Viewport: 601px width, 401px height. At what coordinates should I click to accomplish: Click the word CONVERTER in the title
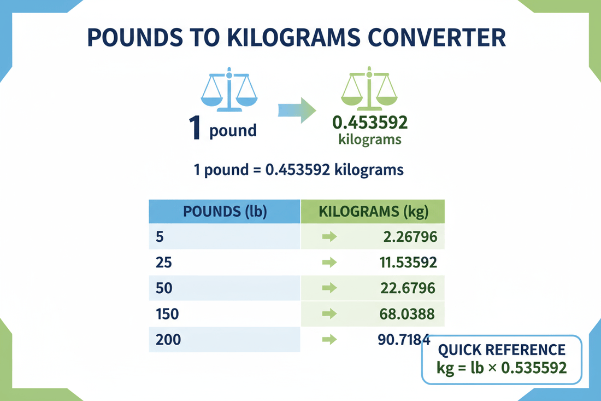coord(437,38)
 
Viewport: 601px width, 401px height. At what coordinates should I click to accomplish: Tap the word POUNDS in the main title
coord(135,38)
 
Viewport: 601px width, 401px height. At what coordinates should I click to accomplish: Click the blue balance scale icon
coord(229,89)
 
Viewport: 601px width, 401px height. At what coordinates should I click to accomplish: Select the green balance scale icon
coord(369,89)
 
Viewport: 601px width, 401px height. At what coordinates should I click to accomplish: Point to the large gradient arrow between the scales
coord(297,111)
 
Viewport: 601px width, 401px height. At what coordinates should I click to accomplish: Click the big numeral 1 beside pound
coord(195,127)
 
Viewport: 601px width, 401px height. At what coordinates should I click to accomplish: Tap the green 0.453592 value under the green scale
coord(370,123)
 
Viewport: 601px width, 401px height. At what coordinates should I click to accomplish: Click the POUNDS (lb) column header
coord(225,211)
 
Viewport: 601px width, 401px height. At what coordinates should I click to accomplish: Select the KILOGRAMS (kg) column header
coord(373,211)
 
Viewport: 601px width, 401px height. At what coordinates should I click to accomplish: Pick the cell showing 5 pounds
coord(160,237)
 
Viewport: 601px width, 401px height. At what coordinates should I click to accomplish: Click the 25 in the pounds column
coord(164,263)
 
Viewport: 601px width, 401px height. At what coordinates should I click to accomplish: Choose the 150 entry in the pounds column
coord(167,314)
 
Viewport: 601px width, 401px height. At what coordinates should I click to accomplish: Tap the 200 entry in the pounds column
coord(168,340)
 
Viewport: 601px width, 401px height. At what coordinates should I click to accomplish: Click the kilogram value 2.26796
coord(410,237)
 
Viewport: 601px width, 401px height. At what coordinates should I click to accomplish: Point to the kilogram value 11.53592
coord(408,263)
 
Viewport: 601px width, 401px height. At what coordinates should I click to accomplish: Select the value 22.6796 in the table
coord(408,288)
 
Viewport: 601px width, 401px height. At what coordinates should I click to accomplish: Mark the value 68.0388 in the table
coord(407,314)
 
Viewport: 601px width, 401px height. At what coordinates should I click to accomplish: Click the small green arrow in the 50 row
coord(329,288)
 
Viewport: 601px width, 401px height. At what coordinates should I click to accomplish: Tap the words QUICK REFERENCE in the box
coord(502,350)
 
